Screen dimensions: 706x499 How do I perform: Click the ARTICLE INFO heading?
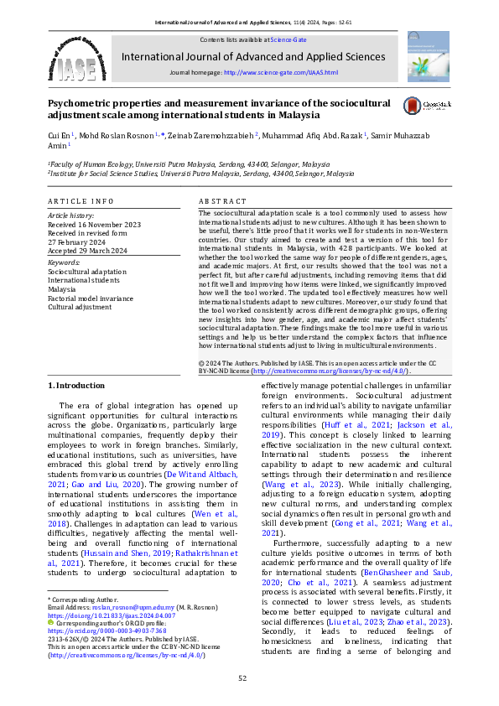[x=80, y=202]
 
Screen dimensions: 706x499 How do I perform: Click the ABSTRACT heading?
[x=223, y=202]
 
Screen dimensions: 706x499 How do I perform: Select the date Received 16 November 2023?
[x=94, y=225]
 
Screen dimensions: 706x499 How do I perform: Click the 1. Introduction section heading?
[x=76, y=385]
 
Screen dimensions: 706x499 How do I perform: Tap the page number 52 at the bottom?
[x=242, y=677]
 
